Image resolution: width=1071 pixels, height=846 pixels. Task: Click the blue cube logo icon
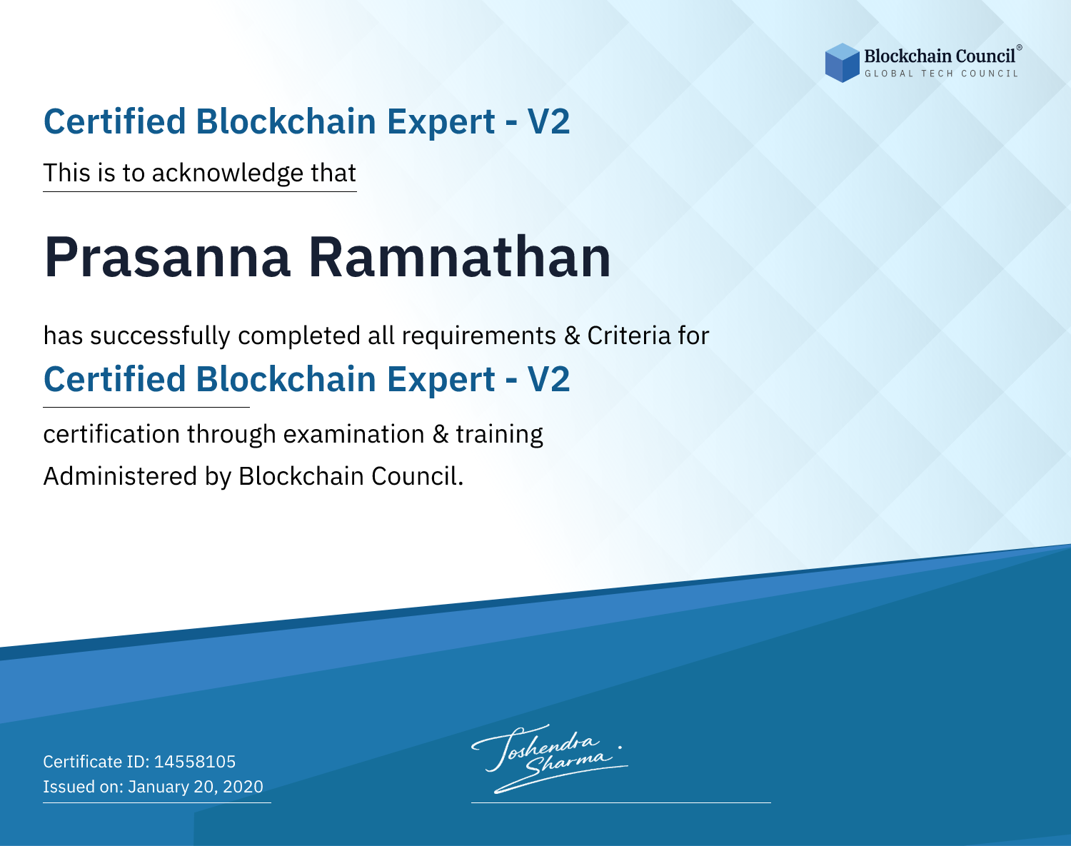coord(842,63)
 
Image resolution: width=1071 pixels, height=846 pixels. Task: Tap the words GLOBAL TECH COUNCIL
coord(942,74)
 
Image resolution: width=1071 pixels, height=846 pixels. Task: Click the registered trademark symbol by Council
coord(1020,48)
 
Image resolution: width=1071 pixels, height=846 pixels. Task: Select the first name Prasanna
coord(167,257)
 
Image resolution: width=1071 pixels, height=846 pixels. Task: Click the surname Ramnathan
coord(459,256)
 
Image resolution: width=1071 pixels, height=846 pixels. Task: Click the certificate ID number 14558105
coord(195,761)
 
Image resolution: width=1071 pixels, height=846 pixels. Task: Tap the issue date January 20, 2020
coord(196,787)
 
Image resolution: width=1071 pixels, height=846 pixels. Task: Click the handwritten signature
coord(549,758)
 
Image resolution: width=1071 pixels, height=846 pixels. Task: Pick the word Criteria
coord(628,336)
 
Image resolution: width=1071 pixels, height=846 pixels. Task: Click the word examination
coord(354,434)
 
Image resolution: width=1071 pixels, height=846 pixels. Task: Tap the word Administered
coord(120,476)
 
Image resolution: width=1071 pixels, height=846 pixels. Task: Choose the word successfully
coord(160,336)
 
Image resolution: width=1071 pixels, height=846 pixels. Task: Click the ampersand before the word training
coord(441,434)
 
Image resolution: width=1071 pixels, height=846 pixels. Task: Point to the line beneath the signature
coord(621,802)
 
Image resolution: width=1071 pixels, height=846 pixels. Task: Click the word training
coord(499,435)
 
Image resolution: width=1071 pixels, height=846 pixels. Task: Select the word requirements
coord(478,336)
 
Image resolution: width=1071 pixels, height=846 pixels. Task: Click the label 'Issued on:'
coord(83,787)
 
